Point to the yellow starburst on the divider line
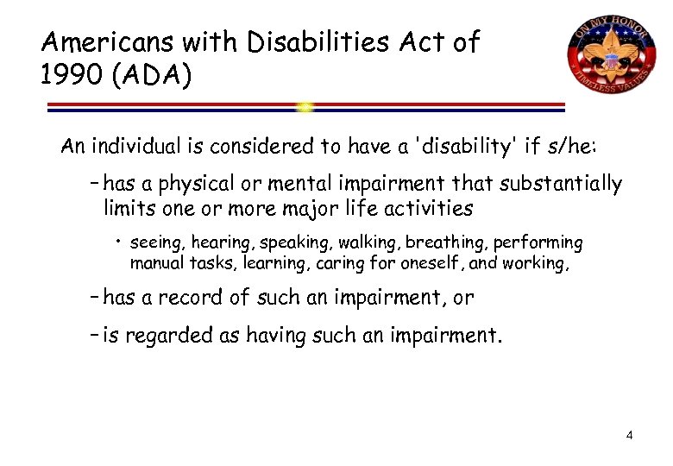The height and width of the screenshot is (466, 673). coord(305,108)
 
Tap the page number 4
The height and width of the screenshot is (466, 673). coord(630,435)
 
